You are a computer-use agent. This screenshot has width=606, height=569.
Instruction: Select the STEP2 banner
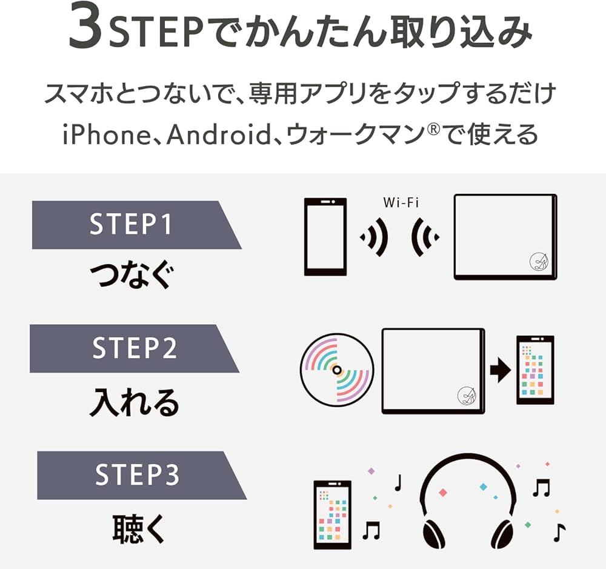point(133,348)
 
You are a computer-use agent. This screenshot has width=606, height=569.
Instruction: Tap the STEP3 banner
point(137,475)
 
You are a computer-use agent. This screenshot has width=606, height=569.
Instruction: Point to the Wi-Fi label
point(401,202)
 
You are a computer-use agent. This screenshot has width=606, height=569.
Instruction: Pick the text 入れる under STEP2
point(134,402)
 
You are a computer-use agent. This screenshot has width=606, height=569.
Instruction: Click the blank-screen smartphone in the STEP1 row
point(325,237)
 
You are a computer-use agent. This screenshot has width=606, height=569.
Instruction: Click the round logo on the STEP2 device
point(466,396)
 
